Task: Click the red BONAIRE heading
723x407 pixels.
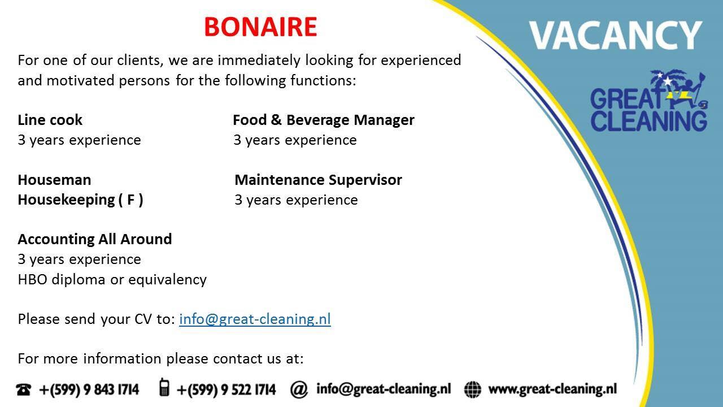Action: click(260, 27)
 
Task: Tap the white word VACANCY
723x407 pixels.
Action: click(616, 35)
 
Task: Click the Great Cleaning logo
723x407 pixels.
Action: click(649, 101)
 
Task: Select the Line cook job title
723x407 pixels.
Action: click(50, 120)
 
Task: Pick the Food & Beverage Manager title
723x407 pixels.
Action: click(324, 120)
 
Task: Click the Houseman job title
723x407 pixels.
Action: click(54, 180)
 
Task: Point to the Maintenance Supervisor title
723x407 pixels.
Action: click(318, 180)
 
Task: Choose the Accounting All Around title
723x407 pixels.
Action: click(94, 239)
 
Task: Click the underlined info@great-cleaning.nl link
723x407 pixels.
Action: click(255, 319)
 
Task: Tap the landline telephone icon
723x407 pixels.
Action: click(24, 389)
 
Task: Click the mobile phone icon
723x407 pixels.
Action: click(164, 387)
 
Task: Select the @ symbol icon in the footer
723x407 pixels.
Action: click(299, 389)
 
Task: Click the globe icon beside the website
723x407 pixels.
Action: click(473, 389)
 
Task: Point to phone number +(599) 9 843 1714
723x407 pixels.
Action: click(89, 389)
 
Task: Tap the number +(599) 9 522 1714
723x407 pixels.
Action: click(227, 389)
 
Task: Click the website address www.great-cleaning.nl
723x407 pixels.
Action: click(552, 389)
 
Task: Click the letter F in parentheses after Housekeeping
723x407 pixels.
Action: click(130, 200)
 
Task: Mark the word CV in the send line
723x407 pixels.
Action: click(143, 319)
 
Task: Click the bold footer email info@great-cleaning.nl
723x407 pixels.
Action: click(384, 389)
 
